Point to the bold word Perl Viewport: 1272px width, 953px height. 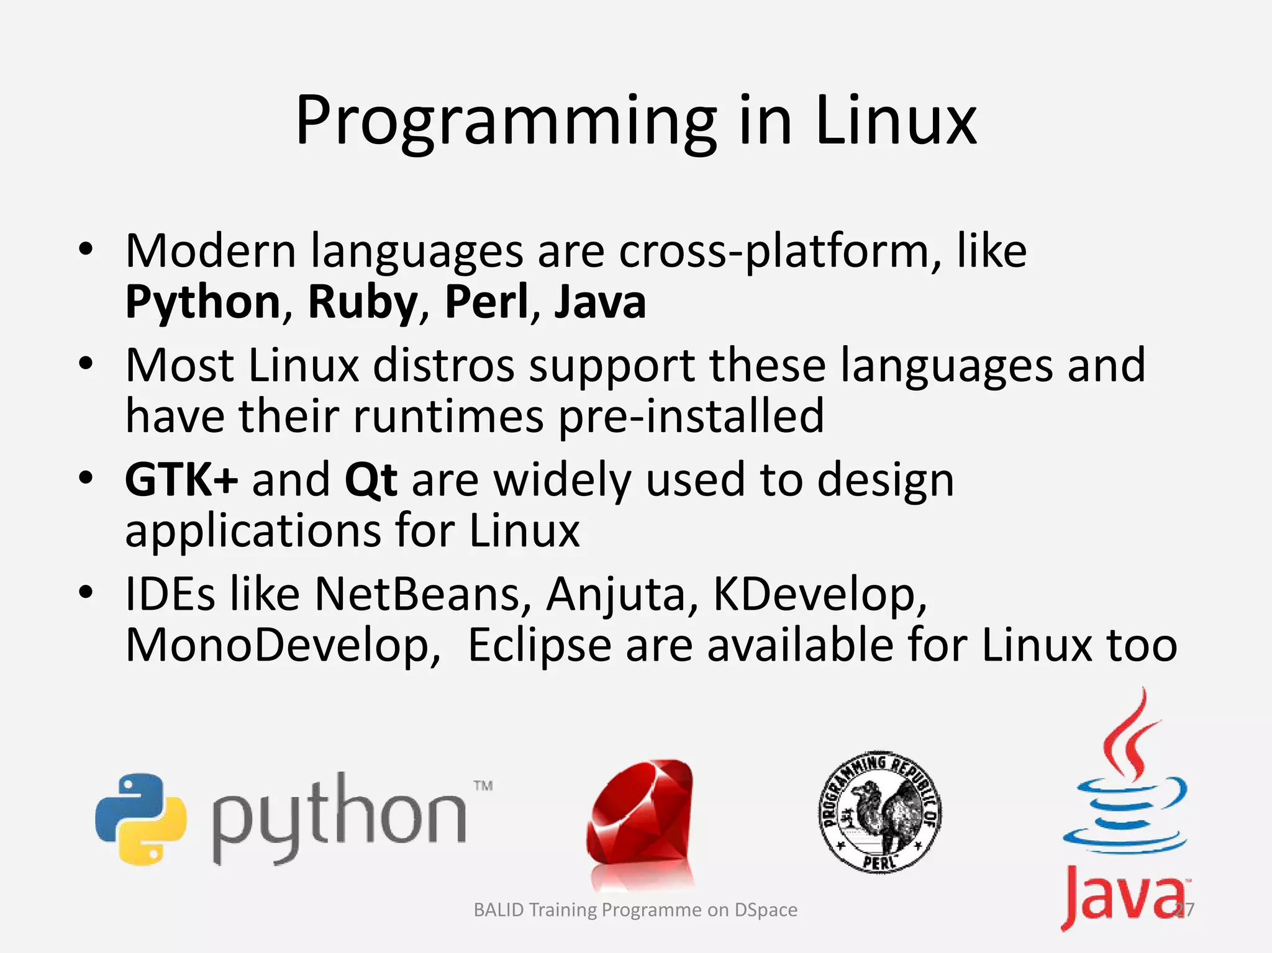486,302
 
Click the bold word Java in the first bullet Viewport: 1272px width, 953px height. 600,302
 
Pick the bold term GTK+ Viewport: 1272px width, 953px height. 181,480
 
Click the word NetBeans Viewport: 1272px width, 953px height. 417,594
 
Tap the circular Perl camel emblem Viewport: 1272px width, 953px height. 879,811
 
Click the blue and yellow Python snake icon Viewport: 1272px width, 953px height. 141,818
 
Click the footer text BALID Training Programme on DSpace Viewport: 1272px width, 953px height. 635,910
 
